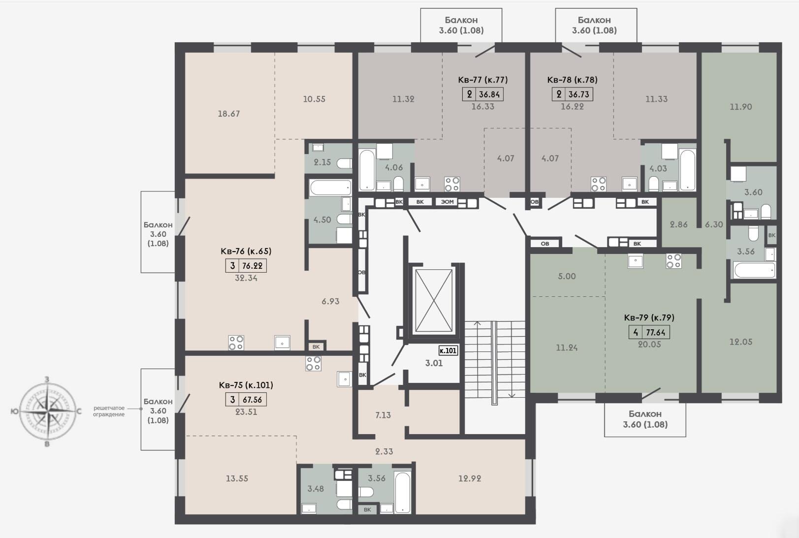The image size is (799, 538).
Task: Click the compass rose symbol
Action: [x=47, y=411]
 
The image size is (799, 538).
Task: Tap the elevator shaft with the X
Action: [x=434, y=301]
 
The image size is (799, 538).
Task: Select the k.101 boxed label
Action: [x=448, y=350]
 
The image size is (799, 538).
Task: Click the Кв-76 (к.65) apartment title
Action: [x=246, y=251]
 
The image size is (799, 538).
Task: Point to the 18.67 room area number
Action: [x=228, y=113]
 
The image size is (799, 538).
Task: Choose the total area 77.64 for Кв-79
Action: [x=656, y=332]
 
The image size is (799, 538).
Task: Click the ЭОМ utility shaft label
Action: [x=447, y=202]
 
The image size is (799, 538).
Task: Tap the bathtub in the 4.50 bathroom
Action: [x=330, y=188]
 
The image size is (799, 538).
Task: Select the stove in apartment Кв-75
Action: [x=313, y=363]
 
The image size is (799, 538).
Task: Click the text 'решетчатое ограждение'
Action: [x=109, y=411]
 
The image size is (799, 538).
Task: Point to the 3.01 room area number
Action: [x=434, y=363]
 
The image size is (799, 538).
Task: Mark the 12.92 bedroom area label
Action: [x=470, y=478]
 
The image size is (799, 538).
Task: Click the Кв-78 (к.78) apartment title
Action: [x=572, y=80]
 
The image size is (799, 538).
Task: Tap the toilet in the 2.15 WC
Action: [x=344, y=163]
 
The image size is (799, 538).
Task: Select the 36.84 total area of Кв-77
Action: [x=489, y=94]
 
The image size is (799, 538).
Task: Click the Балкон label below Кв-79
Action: [x=645, y=413]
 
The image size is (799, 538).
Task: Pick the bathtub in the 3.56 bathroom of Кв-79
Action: [x=754, y=270]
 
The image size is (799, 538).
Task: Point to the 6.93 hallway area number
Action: [x=330, y=301]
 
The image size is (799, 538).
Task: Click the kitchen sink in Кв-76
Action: [x=282, y=343]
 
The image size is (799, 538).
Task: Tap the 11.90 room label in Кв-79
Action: [x=740, y=107]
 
